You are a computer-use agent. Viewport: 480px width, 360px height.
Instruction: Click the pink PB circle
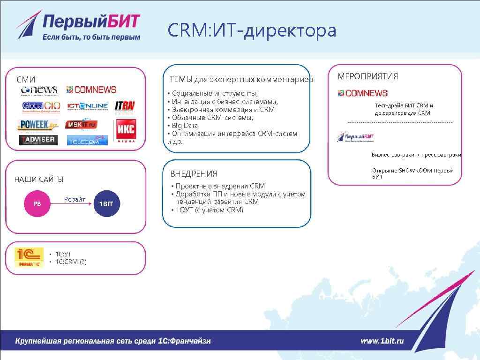click(x=37, y=204)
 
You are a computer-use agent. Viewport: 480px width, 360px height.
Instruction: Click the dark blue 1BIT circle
click(x=106, y=204)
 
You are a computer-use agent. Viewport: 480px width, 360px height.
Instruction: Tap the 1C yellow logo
click(x=29, y=257)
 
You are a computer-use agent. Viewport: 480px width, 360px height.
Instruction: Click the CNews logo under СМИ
click(x=39, y=90)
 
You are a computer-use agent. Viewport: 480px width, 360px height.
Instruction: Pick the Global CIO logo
click(x=41, y=106)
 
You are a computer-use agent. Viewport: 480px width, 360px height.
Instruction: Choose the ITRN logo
click(x=125, y=106)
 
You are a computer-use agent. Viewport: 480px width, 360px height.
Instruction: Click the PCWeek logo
click(x=39, y=125)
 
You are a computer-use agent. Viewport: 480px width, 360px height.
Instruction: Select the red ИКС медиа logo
click(x=125, y=131)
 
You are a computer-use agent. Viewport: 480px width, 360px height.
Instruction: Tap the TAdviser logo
click(x=38, y=140)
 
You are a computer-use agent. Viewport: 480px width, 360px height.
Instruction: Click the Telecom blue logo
click(x=87, y=140)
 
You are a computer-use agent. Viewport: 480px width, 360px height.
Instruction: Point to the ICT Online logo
click(x=88, y=106)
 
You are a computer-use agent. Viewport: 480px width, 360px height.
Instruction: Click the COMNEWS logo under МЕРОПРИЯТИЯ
click(x=363, y=93)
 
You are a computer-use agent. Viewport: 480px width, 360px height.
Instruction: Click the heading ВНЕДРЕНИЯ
click(x=194, y=174)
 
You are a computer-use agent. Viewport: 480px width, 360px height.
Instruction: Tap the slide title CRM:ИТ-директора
click(x=252, y=31)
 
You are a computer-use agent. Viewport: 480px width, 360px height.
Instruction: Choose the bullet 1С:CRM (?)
click(x=71, y=262)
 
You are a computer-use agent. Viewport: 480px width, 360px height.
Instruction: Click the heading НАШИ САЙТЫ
click(x=39, y=180)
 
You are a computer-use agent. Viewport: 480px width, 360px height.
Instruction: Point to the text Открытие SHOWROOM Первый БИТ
click(x=412, y=173)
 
